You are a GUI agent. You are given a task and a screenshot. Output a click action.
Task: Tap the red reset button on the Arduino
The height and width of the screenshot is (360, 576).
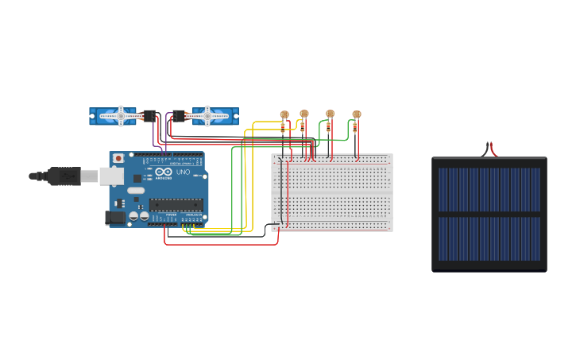118,158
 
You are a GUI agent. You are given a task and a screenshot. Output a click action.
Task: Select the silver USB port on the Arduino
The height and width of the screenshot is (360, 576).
110,176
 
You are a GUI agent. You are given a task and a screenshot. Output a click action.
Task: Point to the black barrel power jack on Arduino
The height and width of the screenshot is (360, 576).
115,216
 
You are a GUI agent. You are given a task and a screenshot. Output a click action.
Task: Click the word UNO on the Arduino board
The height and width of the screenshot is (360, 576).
182,172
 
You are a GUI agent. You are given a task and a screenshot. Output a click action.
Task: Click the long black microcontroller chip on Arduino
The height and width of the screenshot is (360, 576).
176,205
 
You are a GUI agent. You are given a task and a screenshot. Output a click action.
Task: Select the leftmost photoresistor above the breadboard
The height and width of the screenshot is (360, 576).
284,114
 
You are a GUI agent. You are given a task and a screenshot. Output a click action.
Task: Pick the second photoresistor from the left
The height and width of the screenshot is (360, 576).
304,114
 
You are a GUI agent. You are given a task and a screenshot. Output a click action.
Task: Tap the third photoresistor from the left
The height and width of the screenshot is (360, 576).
330,114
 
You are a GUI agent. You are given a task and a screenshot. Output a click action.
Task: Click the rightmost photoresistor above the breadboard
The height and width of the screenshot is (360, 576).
356,114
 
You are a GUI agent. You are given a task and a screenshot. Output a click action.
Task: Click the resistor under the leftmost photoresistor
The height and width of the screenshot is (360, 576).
282,127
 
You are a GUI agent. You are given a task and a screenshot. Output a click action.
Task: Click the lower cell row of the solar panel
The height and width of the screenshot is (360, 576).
489,238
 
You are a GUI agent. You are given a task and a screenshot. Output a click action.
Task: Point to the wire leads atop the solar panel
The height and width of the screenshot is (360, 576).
489,149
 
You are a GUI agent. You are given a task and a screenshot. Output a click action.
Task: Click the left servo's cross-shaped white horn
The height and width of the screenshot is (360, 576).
122,116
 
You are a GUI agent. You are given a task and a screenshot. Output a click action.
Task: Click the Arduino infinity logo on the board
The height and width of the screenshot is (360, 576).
163,172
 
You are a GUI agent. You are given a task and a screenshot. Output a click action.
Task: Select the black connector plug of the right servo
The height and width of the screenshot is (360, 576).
180,116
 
